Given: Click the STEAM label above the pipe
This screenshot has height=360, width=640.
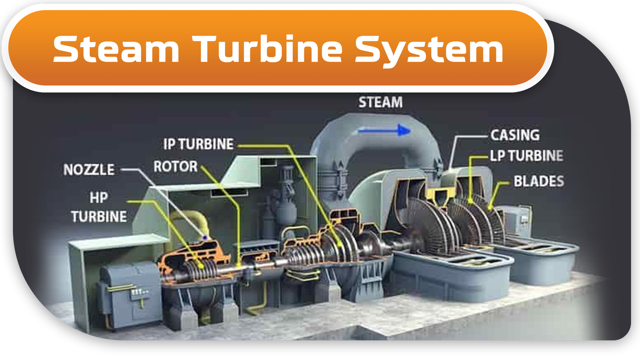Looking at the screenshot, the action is [x=380, y=102].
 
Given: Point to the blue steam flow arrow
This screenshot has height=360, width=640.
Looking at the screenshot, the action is [x=384, y=130].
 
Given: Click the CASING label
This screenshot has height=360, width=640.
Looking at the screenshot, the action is [x=515, y=135].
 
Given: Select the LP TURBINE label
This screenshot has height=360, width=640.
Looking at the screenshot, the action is [x=526, y=156].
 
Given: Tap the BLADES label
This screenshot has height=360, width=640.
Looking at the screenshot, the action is [x=539, y=181].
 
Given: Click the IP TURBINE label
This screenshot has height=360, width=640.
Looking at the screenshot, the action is [x=198, y=144].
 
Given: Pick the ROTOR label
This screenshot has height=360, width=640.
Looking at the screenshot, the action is [x=176, y=166].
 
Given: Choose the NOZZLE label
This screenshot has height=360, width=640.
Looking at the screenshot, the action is [x=89, y=170].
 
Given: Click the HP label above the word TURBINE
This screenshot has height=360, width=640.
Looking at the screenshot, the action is [x=99, y=198].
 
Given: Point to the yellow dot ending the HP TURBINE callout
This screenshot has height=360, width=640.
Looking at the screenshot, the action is [x=201, y=266].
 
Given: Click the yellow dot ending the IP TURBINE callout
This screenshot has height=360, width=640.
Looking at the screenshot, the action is [x=340, y=244].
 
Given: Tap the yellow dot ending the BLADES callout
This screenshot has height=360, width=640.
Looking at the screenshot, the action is [x=490, y=207].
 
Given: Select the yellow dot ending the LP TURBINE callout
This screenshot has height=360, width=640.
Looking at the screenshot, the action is [x=470, y=201].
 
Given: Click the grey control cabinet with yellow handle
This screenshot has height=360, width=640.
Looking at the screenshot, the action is [x=128, y=295].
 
